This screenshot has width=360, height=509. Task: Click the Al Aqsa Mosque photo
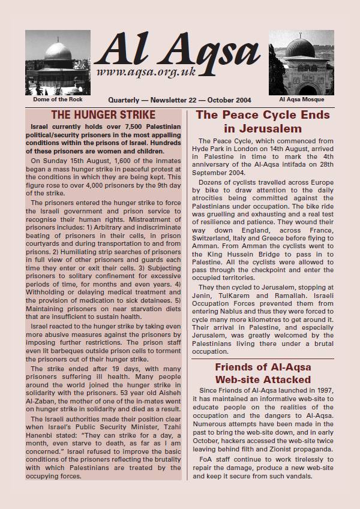point(301,63)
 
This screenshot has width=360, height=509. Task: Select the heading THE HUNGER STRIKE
point(103,115)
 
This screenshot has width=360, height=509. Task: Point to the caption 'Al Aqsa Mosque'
point(301,100)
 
